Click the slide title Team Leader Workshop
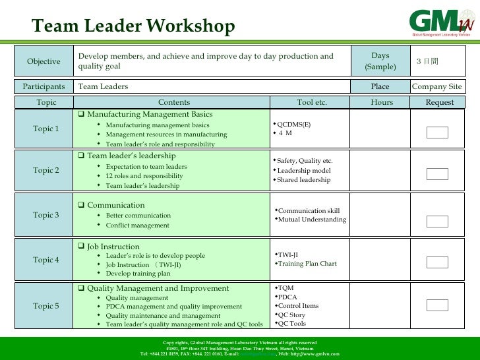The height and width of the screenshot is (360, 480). click(x=133, y=26)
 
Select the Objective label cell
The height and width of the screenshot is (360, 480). click(x=44, y=62)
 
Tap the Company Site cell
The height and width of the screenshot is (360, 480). click(x=436, y=87)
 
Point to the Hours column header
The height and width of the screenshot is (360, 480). click(x=382, y=102)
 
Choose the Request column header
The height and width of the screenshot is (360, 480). click(x=440, y=102)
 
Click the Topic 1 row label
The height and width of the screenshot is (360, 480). click(x=46, y=128)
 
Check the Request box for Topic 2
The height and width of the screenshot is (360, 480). click(x=437, y=174)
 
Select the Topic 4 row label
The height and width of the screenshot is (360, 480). click(x=46, y=260)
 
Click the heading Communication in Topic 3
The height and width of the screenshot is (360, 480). click(x=115, y=206)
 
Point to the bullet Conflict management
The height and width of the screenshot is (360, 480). click(x=137, y=225)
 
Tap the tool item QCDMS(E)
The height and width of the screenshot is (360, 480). click(x=293, y=124)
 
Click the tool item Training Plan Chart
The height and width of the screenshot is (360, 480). click(x=307, y=264)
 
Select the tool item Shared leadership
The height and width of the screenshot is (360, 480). click(x=304, y=180)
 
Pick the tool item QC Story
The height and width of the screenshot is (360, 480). click(x=291, y=315)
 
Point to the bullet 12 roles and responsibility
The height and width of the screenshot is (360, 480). click(x=144, y=177)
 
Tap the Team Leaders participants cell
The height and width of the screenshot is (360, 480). click(x=103, y=87)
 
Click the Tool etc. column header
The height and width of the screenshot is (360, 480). click(x=312, y=102)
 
